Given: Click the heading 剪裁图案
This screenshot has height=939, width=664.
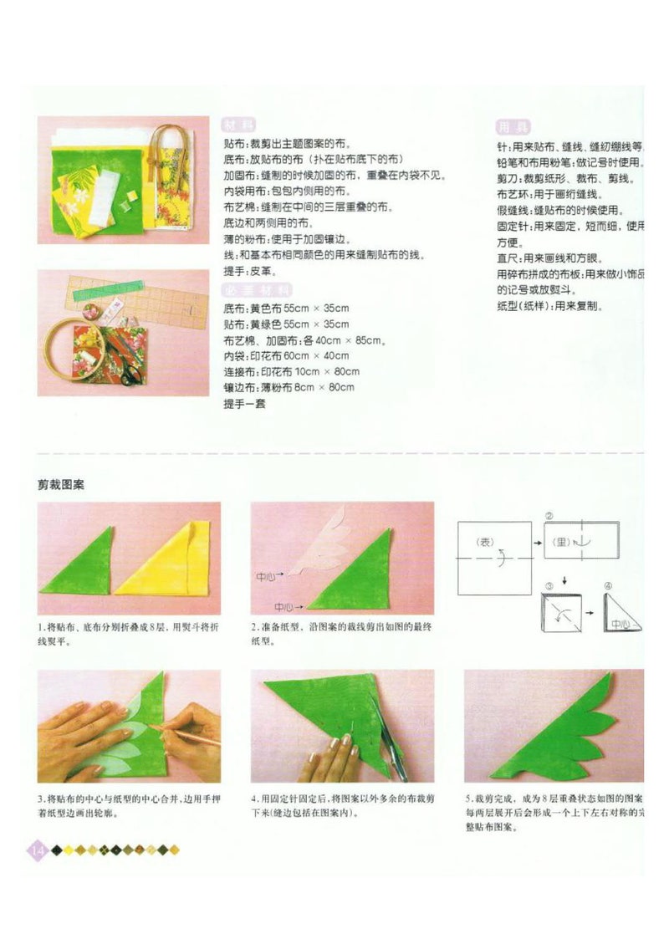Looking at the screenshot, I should [61, 484].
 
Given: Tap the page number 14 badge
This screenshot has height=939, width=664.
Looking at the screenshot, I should [37, 850].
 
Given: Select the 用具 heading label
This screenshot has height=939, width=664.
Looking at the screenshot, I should [512, 127].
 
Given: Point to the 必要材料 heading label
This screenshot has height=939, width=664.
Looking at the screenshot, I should [257, 290].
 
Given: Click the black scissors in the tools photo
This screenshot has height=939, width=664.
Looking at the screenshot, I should [132, 368].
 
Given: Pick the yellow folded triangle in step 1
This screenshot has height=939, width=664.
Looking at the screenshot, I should [167, 562].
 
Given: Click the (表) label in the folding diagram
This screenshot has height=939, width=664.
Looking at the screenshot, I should [486, 543].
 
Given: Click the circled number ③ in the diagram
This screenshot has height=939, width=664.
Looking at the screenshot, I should [549, 587].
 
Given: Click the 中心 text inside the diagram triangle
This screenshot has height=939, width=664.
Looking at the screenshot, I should [620, 623].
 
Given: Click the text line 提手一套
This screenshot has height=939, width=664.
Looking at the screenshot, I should [244, 404].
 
